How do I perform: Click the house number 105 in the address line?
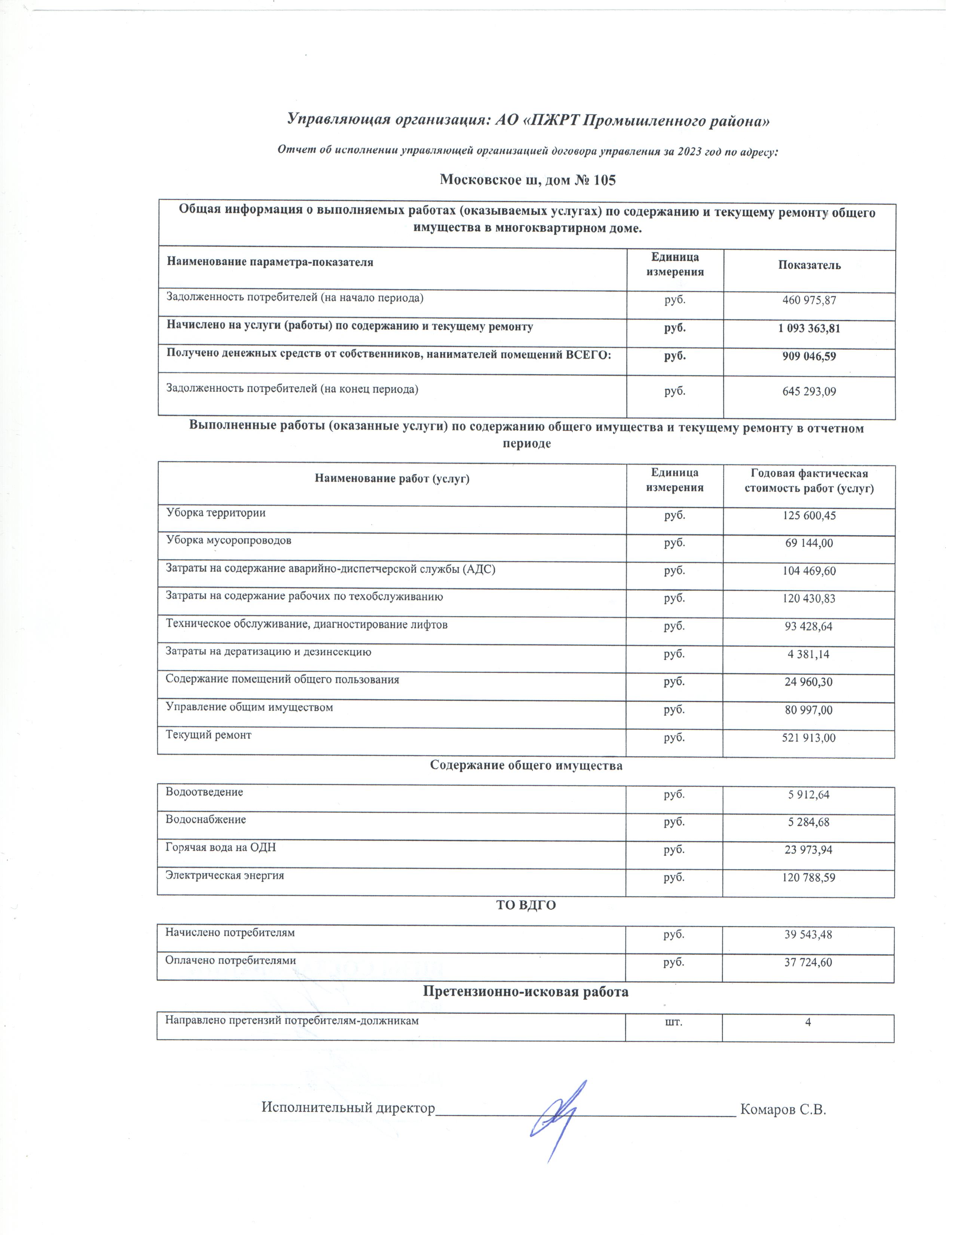coord(604,180)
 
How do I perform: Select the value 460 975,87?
coord(809,300)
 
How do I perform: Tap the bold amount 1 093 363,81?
coord(809,329)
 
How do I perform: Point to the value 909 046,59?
coord(809,357)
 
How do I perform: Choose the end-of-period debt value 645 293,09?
coord(809,391)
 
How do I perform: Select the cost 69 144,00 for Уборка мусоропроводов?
coord(809,543)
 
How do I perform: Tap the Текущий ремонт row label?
coord(208,735)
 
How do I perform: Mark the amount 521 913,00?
coord(809,738)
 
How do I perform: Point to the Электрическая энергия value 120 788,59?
coord(809,878)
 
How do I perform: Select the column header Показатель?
coord(809,265)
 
